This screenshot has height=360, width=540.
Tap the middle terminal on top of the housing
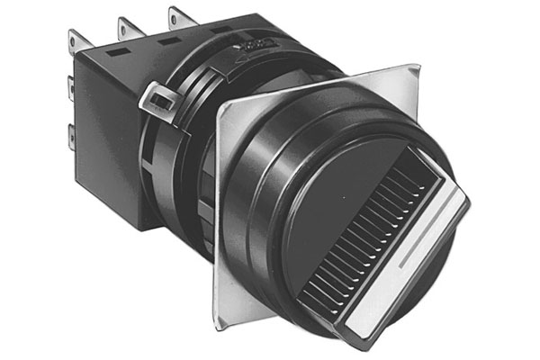pyautogui.click(x=125, y=23)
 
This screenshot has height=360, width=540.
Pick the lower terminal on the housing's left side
pyautogui.click(x=71, y=138)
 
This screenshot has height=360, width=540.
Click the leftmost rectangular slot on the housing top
pyautogui.click(x=115, y=53)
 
